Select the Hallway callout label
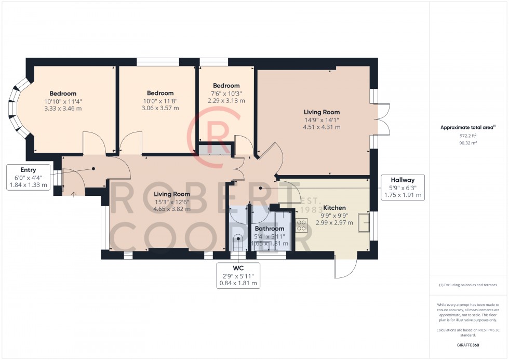pos(403,188)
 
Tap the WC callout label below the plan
pos(239,275)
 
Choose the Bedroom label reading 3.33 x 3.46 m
pos(63,101)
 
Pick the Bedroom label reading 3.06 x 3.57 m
pos(160,101)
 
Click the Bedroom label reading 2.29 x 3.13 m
pos(226,93)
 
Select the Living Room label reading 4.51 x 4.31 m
pos(322,119)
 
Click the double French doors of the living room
pos(382,119)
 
